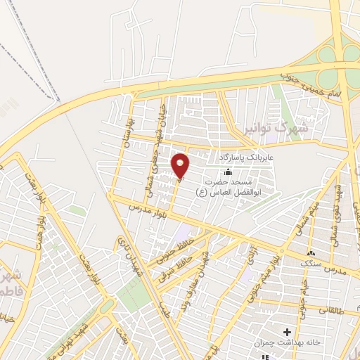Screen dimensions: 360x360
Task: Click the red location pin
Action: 181,166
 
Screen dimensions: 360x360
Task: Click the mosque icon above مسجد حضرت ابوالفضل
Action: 227,173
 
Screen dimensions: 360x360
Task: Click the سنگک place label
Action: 311,262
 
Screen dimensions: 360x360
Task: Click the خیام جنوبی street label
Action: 300,288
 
